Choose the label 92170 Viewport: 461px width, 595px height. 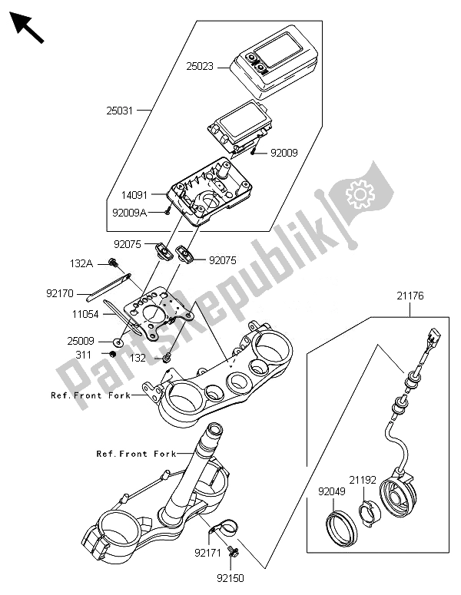60,292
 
